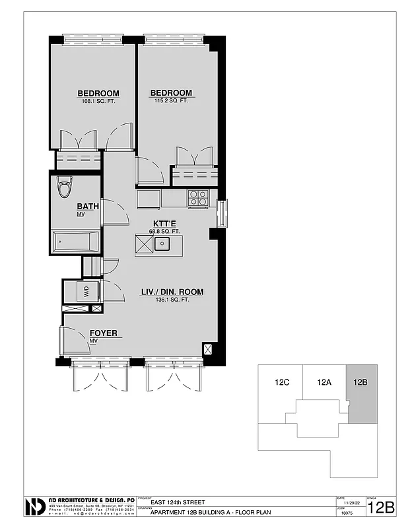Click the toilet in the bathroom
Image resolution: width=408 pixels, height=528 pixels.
pyautogui.click(x=64, y=188)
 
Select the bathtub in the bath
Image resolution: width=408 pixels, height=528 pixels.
pyautogui.click(x=75, y=242)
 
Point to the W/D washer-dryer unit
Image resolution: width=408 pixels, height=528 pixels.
pyautogui.click(x=86, y=291)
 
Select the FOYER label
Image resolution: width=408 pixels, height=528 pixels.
pyautogui.click(x=103, y=333)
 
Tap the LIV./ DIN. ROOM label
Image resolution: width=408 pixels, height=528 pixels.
pyautogui.click(x=172, y=292)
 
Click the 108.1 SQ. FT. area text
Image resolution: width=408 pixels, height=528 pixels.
pyautogui.click(x=98, y=101)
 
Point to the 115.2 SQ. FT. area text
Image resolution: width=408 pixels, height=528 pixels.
pyautogui.click(x=171, y=101)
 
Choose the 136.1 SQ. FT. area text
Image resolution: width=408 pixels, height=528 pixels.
pyautogui.click(x=172, y=300)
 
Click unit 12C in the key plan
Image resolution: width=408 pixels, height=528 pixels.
pyautogui.click(x=283, y=381)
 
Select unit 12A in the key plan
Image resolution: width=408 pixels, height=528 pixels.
pyautogui.click(x=324, y=381)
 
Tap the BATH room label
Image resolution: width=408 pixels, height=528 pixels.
pyautogui.click(x=88, y=206)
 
